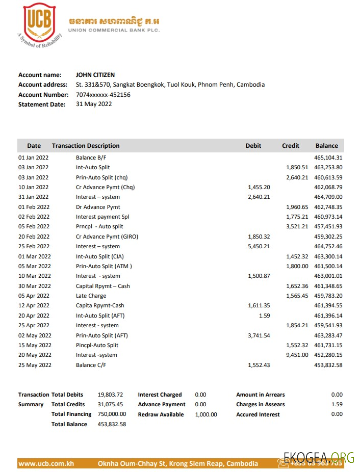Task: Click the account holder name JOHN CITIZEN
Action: pos(95,75)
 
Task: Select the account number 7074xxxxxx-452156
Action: pos(103,95)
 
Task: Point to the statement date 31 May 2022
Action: pos(94,104)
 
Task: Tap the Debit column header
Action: pos(253,146)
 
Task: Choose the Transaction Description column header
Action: pos(86,146)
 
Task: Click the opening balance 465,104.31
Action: pos(328,158)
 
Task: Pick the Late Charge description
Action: pos(91,296)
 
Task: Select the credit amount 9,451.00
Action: pos(297,355)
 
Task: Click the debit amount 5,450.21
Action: pos(259,247)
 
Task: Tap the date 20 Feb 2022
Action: pos(34,237)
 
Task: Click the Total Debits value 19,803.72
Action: pos(110,395)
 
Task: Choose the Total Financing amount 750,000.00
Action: pos(112,414)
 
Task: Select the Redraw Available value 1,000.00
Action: pos(205,414)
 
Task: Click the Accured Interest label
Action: pos(258,414)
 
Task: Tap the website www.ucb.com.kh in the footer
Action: pos(46,464)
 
